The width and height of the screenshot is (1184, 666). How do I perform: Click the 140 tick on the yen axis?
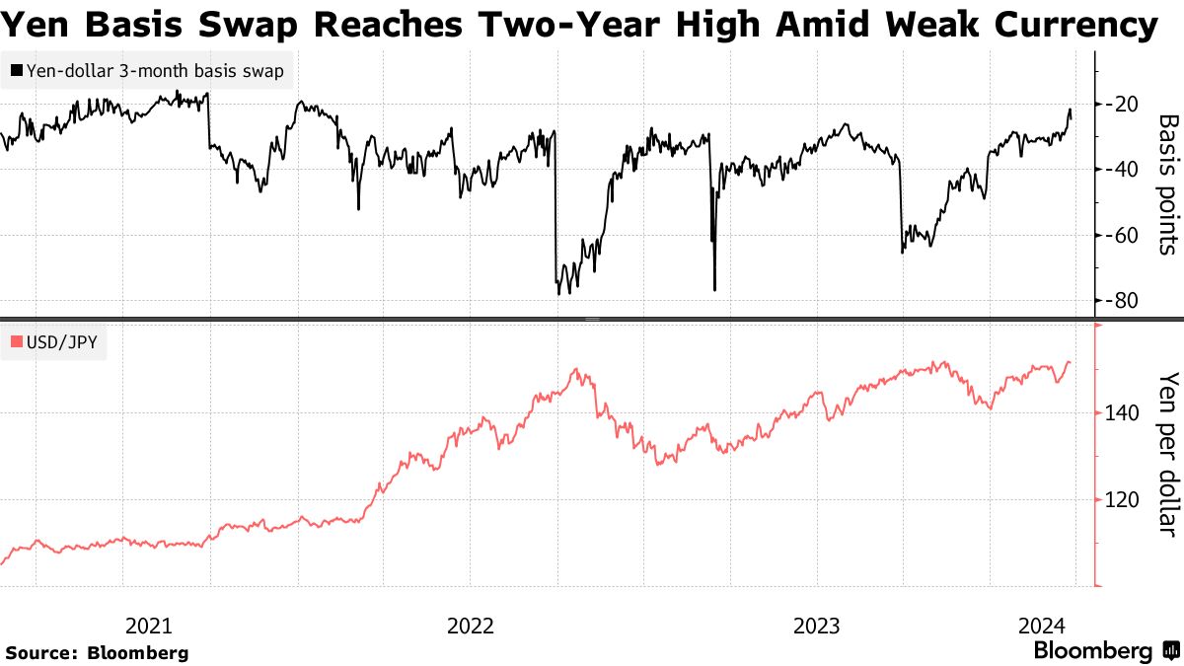[1122, 413]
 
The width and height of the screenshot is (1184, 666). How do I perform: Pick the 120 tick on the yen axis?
[1122, 500]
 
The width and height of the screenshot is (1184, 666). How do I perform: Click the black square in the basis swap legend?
[17, 71]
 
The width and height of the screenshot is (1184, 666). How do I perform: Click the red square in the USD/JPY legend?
[17, 342]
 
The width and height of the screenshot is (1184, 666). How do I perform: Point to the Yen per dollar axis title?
[1167, 454]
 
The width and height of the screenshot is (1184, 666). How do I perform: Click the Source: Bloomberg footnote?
[97, 652]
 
